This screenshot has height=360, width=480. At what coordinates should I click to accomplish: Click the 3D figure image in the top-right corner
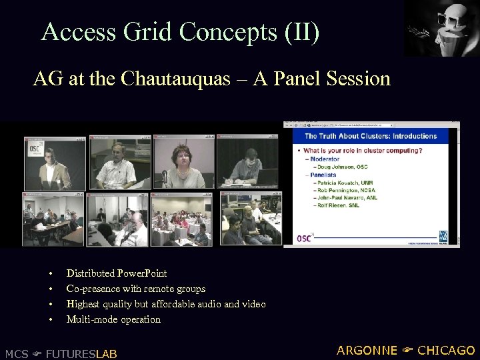point(441,28)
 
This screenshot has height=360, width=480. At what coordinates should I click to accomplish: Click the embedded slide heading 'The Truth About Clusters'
point(371,136)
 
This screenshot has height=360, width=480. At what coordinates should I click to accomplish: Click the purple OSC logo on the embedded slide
point(305,238)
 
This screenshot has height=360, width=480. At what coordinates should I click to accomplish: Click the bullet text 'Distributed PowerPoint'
point(117,273)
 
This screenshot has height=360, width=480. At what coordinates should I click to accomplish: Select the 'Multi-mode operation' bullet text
point(113,319)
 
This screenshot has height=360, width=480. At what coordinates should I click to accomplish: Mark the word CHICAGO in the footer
point(446,350)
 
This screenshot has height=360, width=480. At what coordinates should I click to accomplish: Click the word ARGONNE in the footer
point(367,350)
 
